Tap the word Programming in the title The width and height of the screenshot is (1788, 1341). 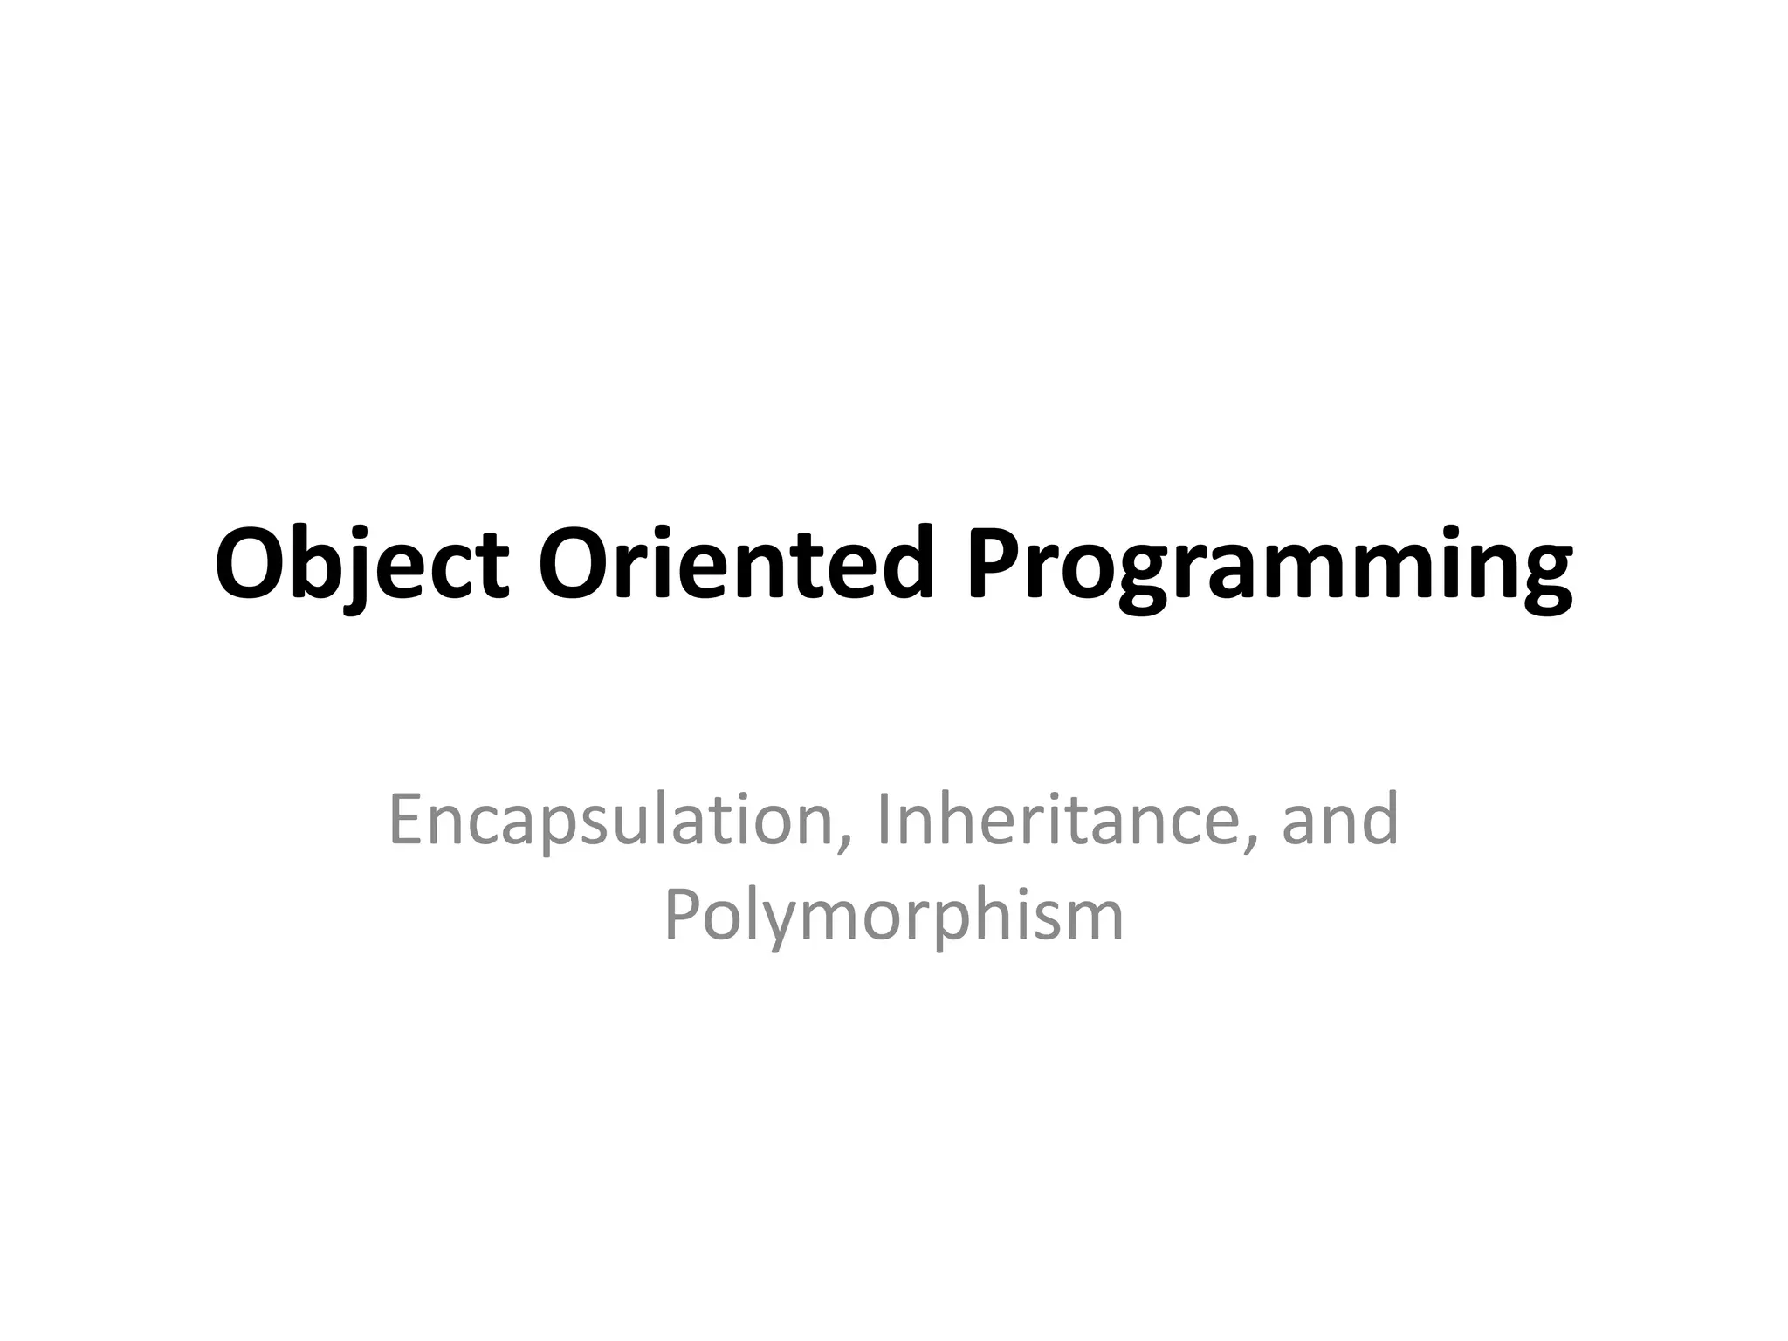pos(1270,567)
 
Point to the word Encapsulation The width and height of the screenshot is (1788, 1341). pos(610,821)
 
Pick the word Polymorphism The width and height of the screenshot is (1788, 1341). pos(893,917)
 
